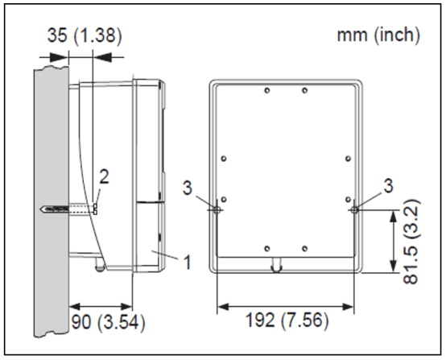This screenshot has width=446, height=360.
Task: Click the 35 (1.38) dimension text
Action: [85, 36]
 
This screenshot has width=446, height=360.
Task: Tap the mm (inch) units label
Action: [378, 35]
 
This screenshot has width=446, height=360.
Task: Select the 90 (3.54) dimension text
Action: [108, 322]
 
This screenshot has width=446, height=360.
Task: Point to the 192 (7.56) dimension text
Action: [287, 320]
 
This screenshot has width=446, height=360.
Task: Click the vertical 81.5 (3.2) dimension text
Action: [411, 242]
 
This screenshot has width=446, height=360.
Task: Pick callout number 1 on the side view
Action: [187, 262]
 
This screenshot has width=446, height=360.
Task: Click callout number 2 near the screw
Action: [104, 176]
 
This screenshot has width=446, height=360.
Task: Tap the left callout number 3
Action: [188, 188]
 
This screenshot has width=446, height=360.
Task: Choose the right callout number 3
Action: [389, 186]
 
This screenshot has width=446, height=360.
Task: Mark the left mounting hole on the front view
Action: [217, 210]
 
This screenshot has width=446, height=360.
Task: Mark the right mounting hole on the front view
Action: [354, 210]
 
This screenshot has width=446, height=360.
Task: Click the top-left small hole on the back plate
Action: [267, 90]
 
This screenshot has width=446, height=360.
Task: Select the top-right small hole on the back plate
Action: [304, 90]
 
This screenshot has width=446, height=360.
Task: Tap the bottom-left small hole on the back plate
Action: [267, 248]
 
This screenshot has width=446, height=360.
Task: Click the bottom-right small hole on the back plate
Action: [304, 248]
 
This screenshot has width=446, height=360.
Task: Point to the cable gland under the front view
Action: [276, 265]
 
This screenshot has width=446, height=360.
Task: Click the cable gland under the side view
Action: [100, 264]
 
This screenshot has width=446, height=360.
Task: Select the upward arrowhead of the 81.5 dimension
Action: [394, 217]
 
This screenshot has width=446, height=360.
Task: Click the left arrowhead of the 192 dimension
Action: [223, 307]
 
